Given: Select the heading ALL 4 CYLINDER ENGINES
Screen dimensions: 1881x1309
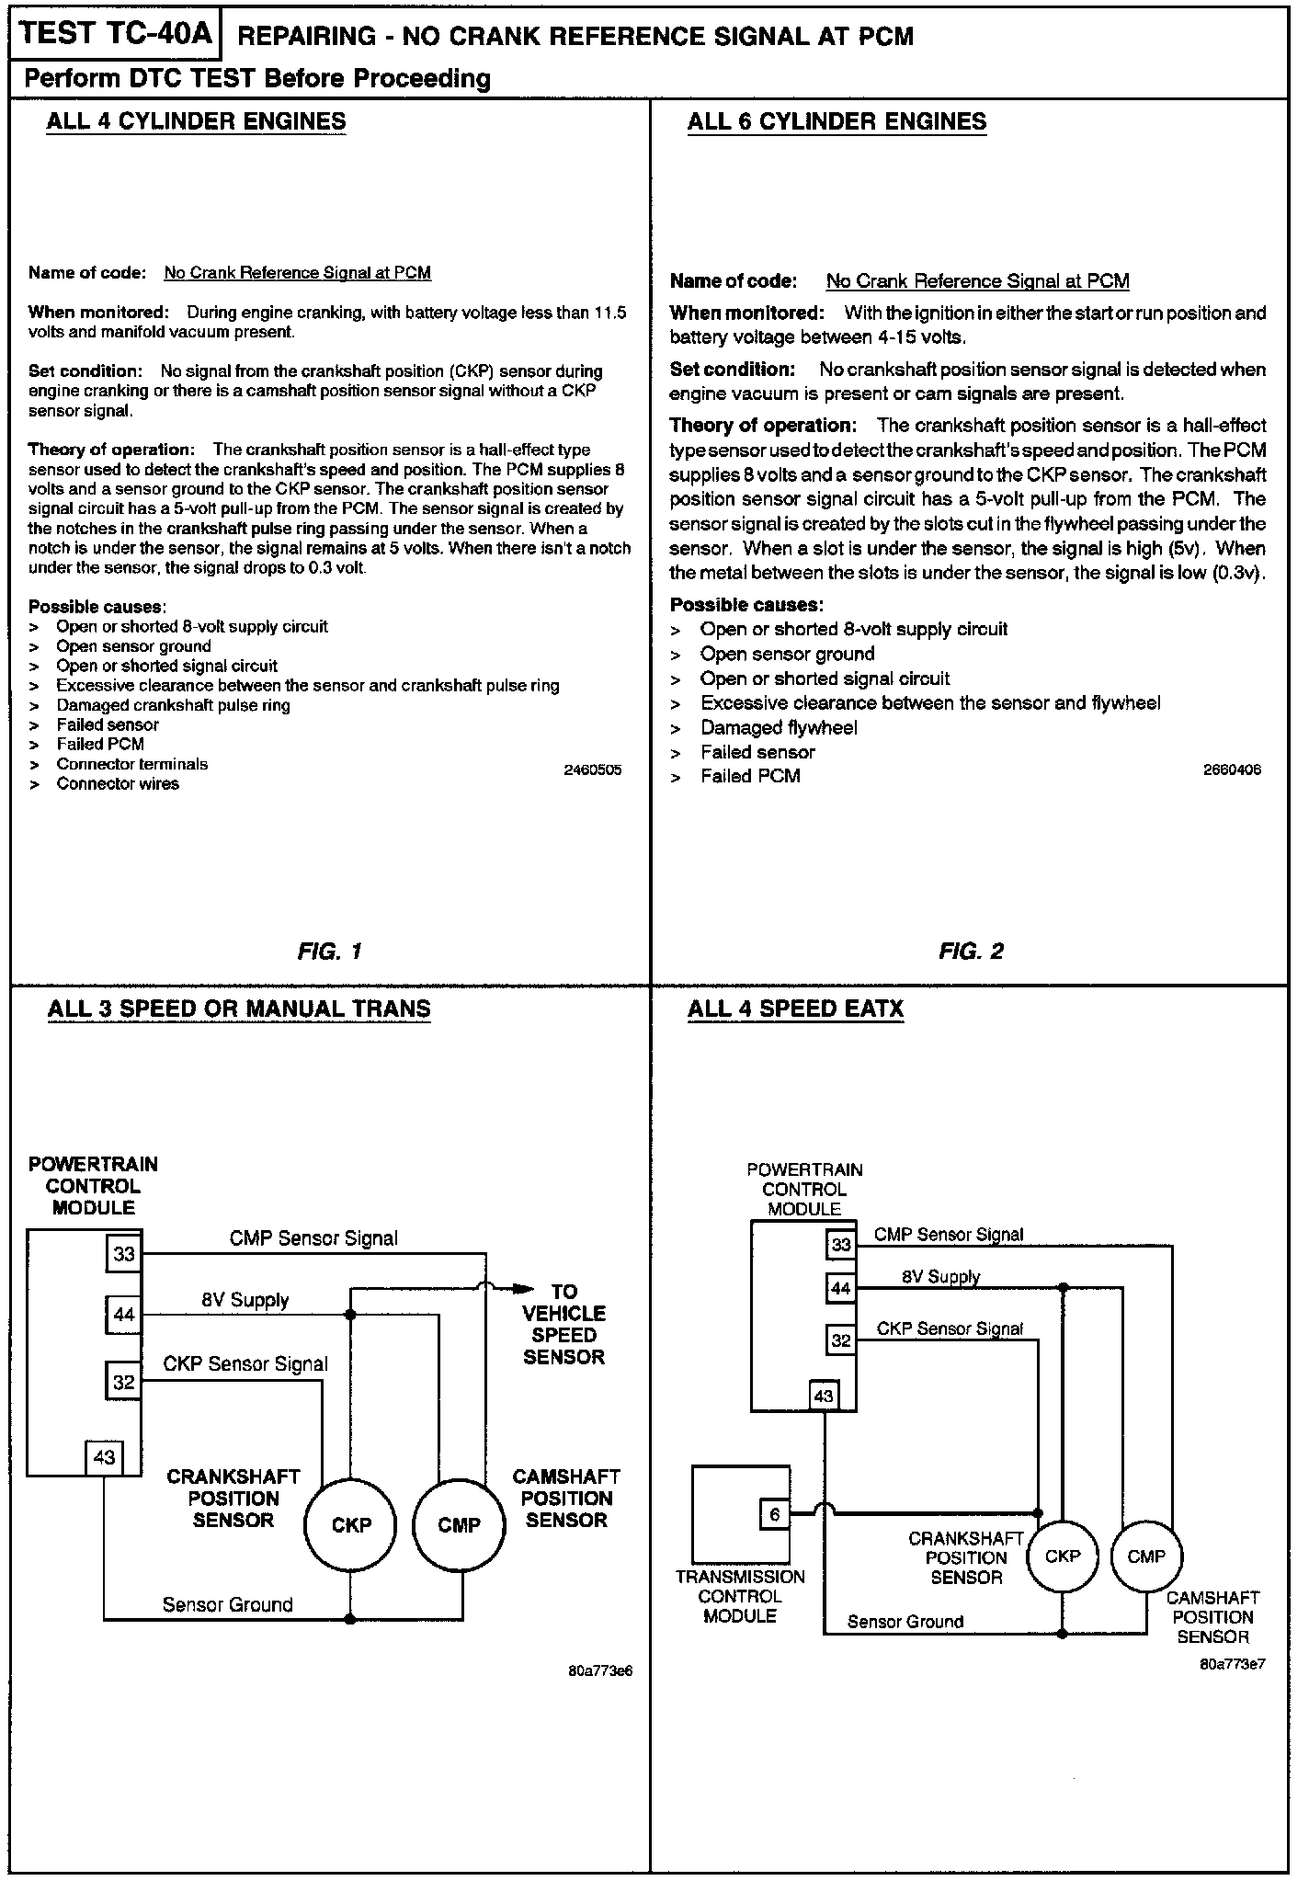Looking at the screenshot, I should (196, 121).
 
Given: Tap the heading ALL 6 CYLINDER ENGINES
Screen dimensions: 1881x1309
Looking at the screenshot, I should (837, 121).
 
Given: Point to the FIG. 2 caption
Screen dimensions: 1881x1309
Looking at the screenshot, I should (971, 952).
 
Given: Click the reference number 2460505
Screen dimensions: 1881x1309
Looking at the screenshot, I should (592, 770).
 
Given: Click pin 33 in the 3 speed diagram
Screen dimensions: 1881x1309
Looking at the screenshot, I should (123, 1254).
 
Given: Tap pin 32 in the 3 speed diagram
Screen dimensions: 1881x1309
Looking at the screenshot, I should (123, 1382).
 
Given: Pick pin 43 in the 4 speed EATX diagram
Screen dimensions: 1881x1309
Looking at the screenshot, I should (824, 1396).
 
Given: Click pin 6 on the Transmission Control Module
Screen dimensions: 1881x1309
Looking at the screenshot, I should (774, 1514).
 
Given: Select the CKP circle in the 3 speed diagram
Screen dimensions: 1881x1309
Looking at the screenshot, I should (350, 1525).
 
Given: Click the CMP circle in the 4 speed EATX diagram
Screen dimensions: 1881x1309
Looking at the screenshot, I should (1145, 1556).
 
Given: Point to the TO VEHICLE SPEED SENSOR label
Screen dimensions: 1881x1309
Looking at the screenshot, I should (563, 1324).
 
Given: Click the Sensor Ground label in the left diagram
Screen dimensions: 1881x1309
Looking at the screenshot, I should (227, 1604).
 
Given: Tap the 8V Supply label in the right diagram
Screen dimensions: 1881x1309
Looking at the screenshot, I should (940, 1277).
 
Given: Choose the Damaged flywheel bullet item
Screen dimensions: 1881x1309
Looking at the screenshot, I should (779, 728).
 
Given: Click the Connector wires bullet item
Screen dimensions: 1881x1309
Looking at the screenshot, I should (118, 784).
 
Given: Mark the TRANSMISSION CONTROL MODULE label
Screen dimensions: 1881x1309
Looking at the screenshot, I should (740, 1596).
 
